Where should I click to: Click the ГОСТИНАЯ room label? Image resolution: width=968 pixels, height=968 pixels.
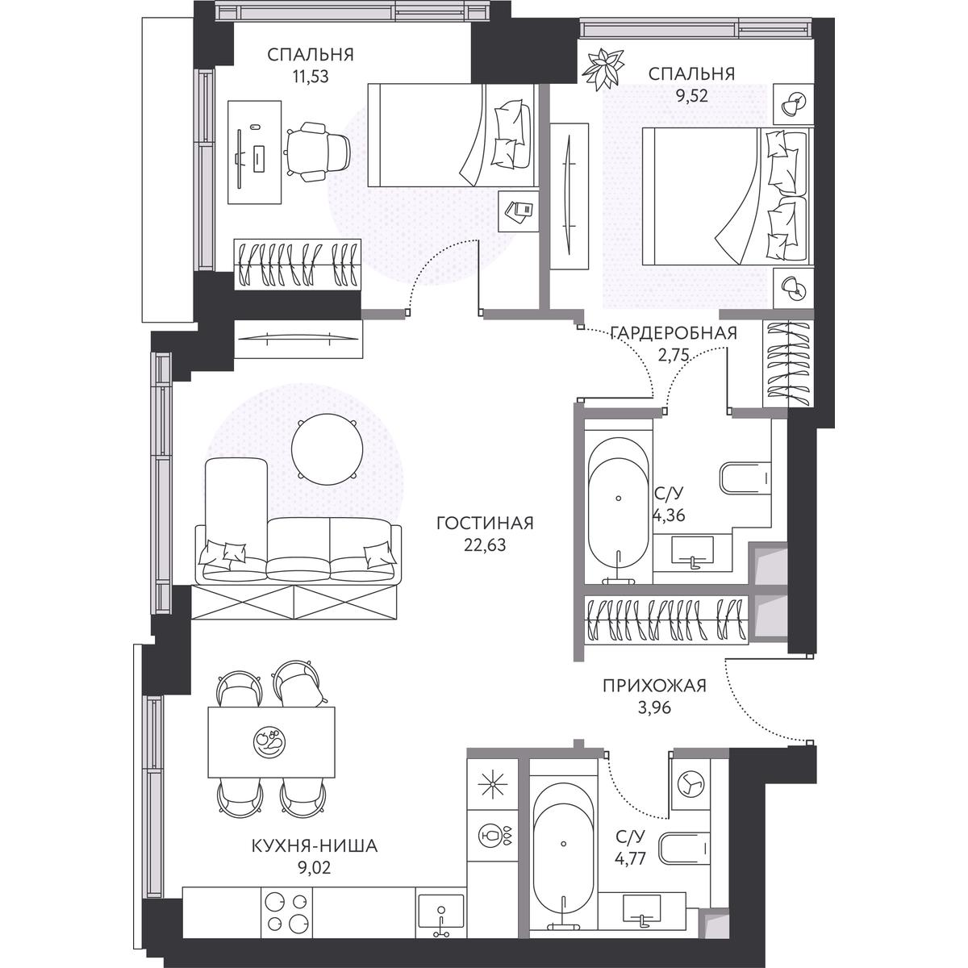click(485, 524)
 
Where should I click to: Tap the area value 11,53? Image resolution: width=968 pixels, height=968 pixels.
click(311, 77)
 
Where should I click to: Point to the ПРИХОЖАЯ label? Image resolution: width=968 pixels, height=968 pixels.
click(655, 685)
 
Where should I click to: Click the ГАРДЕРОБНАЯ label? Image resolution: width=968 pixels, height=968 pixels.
click(674, 332)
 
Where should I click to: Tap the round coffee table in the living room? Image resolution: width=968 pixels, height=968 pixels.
click(327, 449)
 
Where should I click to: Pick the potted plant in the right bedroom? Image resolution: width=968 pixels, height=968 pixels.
click(603, 69)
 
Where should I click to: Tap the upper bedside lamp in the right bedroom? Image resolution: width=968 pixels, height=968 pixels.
click(793, 104)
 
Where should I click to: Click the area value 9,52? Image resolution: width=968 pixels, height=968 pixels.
click(691, 96)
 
